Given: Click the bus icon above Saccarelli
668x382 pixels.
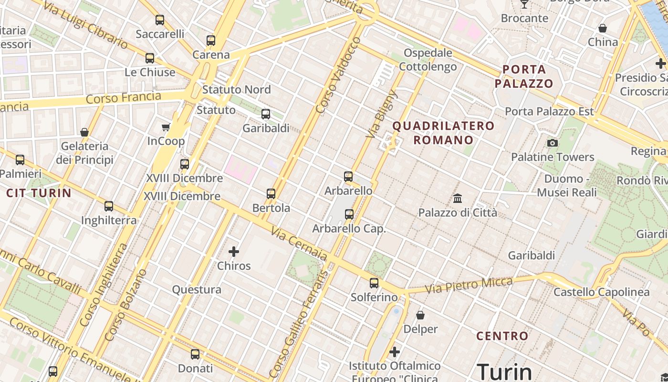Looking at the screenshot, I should click(160, 20).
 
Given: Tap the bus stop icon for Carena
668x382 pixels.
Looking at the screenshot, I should click(211, 41).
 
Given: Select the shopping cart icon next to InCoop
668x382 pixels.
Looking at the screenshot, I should click(166, 127).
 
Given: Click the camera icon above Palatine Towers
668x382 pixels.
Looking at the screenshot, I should click(553, 143).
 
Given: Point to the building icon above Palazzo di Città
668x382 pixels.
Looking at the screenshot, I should click(458, 198).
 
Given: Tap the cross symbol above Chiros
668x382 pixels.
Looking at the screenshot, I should click(234, 252).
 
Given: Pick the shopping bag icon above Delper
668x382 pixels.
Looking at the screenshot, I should click(420, 315).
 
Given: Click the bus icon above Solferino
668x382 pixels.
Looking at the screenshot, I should click(374, 283).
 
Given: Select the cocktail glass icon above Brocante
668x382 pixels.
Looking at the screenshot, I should click(524, 4).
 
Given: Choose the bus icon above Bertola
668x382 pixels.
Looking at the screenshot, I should click(271, 194).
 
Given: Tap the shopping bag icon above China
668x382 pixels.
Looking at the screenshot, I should click(603, 28).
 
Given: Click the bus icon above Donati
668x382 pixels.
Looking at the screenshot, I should click(195, 354).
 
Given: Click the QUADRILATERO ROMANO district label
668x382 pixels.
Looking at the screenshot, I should click(443, 133).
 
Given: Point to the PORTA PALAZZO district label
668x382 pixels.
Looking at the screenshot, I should click(524, 76).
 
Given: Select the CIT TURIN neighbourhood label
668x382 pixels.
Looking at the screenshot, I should click(39, 193).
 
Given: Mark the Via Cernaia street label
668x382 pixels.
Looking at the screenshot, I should click(299, 244).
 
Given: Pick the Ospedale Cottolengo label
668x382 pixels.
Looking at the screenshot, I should click(428, 60).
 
